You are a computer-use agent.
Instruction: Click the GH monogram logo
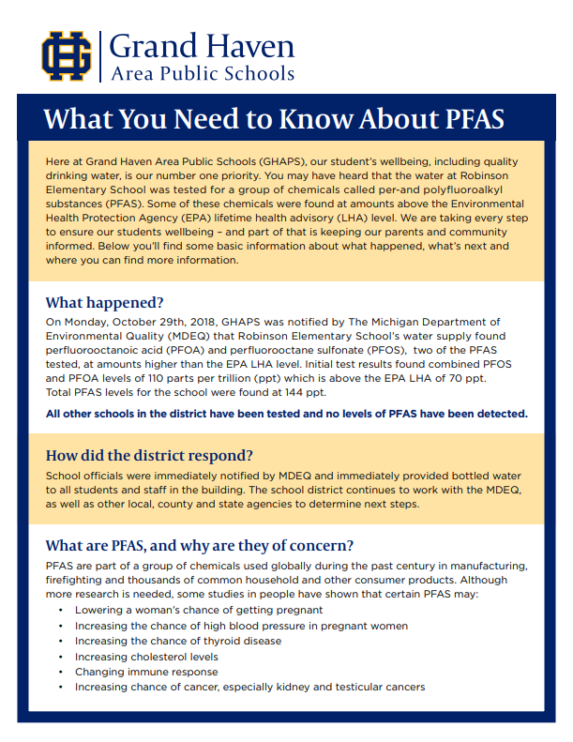coord(67,55)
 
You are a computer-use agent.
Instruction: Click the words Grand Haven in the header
coord(202,46)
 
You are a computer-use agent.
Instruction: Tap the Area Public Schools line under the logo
coord(202,73)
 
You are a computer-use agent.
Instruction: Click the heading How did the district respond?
coord(149,456)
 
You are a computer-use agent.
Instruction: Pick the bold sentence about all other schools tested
coord(287,413)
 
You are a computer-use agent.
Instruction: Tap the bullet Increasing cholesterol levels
coord(146,657)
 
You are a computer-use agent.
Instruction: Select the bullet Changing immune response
coord(146,672)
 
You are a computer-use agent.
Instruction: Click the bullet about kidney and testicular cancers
coord(249,687)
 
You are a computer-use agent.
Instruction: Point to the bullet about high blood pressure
coord(241,626)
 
